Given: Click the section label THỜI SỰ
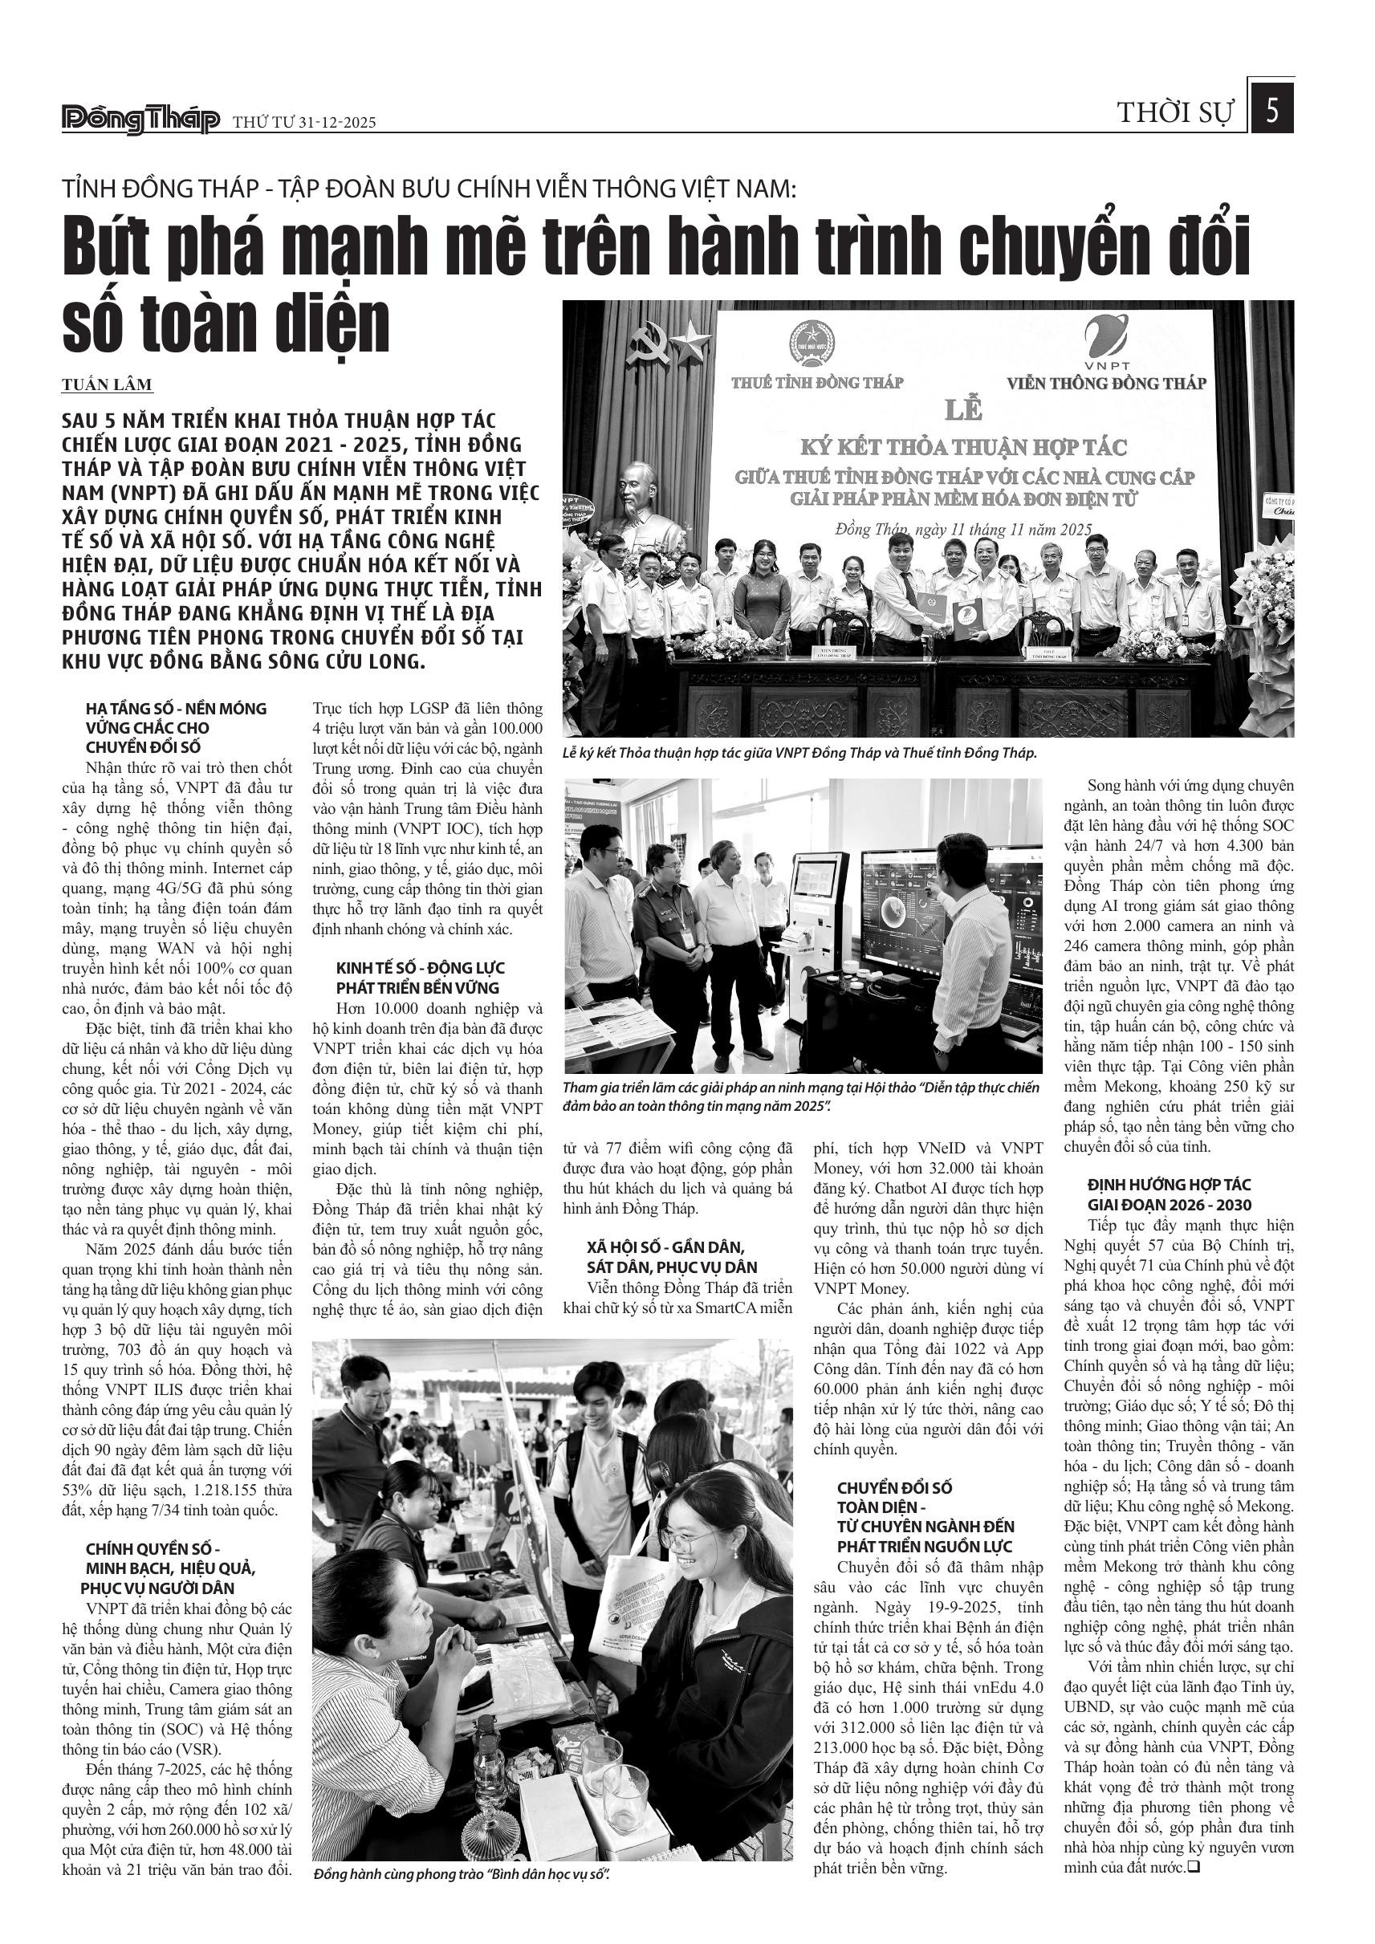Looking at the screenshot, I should [x=1176, y=112].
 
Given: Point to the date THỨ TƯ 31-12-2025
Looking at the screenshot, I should [x=304, y=123].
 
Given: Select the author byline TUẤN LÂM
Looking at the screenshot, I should [x=107, y=385].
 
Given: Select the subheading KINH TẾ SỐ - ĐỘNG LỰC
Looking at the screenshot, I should [x=420, y=968].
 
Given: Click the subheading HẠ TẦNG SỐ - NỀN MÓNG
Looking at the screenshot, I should [x=176, y=709].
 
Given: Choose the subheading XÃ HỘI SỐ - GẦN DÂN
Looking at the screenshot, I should [x=665, y=1247].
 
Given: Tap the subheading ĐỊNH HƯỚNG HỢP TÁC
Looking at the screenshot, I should [x=1157, y=1185].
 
